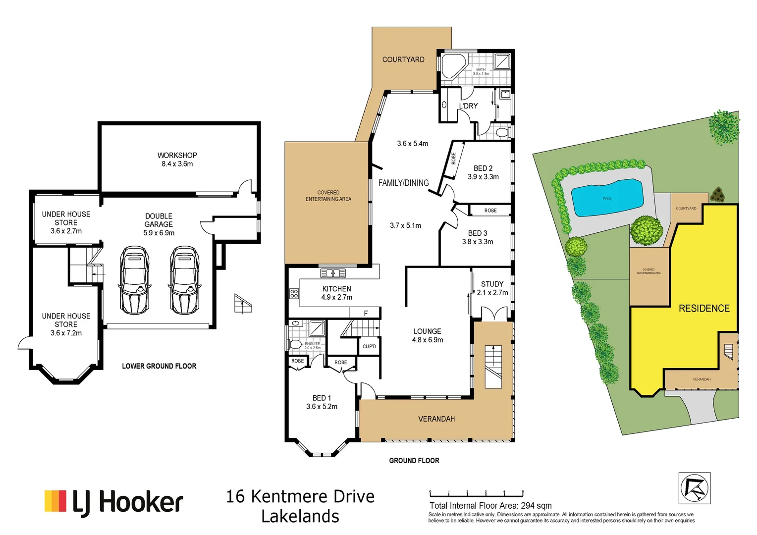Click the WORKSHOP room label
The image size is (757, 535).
[x=177, y=155]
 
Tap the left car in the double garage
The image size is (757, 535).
[x=134, y=280]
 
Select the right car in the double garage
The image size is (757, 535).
[x=184, y=280]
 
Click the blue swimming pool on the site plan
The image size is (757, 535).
[x=607, y=198]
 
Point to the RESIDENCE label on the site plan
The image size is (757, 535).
[x=703, y=308]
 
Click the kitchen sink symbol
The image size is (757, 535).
[x=333, y=273]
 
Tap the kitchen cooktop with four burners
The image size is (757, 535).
[x=294, y=293]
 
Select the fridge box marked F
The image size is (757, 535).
[x=366, y=313]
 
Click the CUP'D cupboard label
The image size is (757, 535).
[x=369, y=346]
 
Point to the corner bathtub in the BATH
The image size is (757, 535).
[x=452, y=66]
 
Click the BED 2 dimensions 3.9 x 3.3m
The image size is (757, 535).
[x=483, y=177]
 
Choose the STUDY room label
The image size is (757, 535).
[x=492, y=284]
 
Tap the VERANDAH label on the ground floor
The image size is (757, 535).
[x=436, y=419]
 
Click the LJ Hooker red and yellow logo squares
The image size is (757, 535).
[x=55, y=501]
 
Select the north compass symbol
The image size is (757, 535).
[x=694, y=488]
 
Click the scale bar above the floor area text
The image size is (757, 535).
[x=476, y=494]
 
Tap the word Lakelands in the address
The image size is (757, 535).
[x=300, y=516]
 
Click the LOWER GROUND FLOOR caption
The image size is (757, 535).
[x=159, y=366]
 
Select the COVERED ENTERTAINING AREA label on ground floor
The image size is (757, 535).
[x=328, y=196]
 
